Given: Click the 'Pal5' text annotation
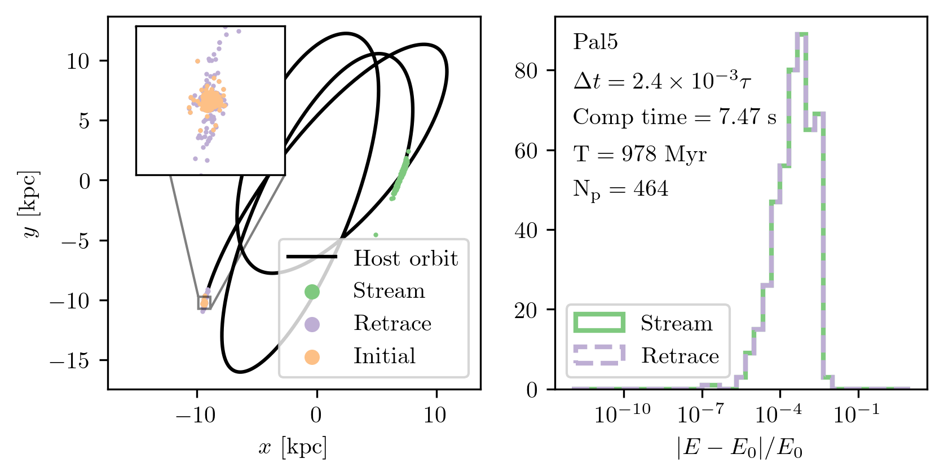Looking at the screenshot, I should coord(595,42).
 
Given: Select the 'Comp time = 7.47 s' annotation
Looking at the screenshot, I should coord(674,117).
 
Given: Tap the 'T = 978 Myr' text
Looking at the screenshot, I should coord(639,154).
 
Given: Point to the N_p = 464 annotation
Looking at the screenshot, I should coord(620,189).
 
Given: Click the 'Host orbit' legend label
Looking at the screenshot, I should coord(405,258).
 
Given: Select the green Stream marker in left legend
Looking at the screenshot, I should coord(312,292).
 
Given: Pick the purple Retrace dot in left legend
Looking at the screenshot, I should coord(312,324).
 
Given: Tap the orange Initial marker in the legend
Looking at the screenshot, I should coord(312,357).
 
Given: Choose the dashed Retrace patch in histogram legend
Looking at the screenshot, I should coord(599,355).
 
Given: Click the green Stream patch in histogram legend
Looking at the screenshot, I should coord(599,323).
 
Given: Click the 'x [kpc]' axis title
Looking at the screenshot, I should coord(293,448).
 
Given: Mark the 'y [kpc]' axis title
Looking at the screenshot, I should coord(31,204).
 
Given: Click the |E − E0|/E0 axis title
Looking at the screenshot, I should coord(740,448).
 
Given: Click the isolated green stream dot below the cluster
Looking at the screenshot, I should coord(376,235).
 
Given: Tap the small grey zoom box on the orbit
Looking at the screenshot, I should coord(204,302).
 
